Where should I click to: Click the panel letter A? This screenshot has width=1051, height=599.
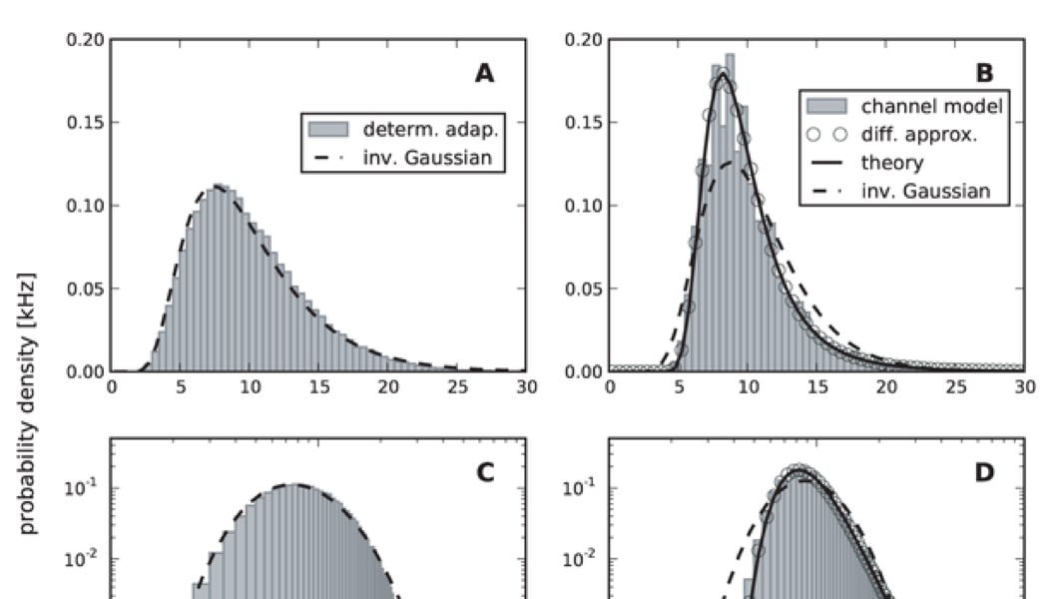[484, 73]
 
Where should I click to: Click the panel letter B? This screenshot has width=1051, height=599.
[982, 73]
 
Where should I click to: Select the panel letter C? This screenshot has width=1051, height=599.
[484, 471]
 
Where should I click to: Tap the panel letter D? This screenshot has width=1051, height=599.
[983, 471]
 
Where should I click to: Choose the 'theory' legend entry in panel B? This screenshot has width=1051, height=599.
[892, 162]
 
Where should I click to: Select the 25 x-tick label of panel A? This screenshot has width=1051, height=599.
[456, 387]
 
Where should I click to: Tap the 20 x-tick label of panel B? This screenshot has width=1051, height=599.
[886, 387]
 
